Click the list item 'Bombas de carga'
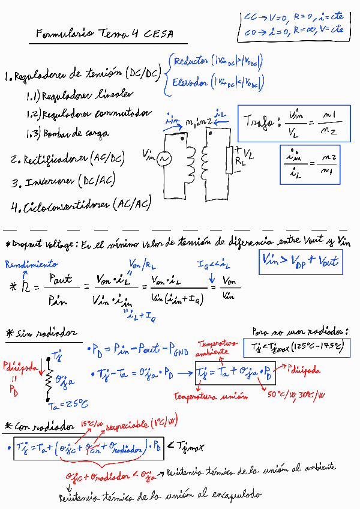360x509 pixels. [76, 133]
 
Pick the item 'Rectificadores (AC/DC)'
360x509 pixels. [67, 160]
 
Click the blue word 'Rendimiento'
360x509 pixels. [32, 264]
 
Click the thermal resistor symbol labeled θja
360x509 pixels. [47, 378]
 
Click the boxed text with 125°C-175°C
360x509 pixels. [295, 346]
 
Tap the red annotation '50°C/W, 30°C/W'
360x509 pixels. [296, 395]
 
